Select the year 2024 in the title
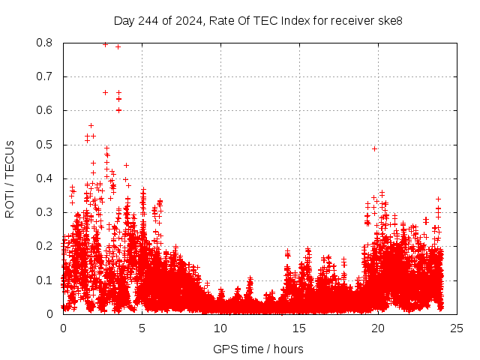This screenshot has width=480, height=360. [x=186, y=21]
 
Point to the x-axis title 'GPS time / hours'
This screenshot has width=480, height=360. [x=258, y=349]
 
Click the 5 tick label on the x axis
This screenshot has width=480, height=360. [x=142, y=328]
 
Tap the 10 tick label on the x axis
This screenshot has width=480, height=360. [x=220, y=328]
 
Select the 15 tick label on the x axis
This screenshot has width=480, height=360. [x=299, y=328]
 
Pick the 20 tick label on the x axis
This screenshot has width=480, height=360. [x=378, y=328]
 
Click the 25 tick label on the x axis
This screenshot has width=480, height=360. [x=457, y=328]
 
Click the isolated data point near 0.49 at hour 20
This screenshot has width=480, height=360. [x=374, y=148]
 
